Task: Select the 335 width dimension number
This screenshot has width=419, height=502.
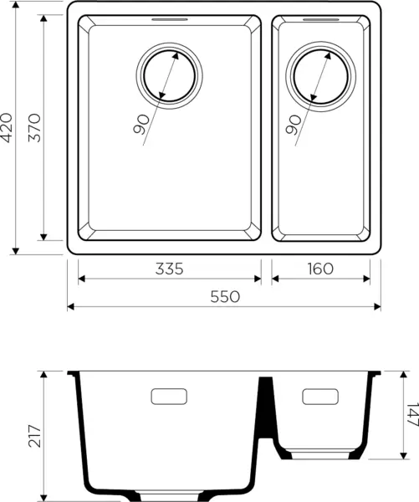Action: (168, 269)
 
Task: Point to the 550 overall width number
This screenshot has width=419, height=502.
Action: (224, 296)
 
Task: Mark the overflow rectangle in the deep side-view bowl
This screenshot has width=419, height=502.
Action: (171, 396)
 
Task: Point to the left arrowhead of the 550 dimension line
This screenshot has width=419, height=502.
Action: (71, 306)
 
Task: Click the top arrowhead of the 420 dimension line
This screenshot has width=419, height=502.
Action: (15, 8)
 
